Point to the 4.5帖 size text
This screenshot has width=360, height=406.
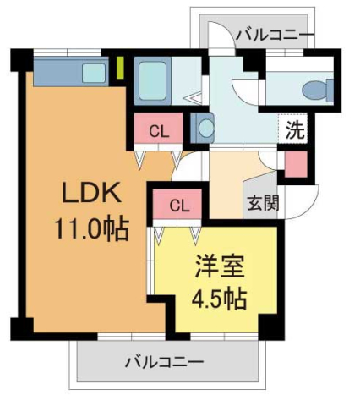point(218,299)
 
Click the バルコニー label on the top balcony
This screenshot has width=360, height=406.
point(275,35)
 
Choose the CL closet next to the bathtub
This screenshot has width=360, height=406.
point(157,130)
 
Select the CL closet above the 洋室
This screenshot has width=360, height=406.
point(178,205)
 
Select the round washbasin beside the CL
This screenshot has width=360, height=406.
point(205,129)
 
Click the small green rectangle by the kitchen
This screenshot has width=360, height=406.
point(121,67)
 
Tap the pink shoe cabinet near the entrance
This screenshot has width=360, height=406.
point(296,163)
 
